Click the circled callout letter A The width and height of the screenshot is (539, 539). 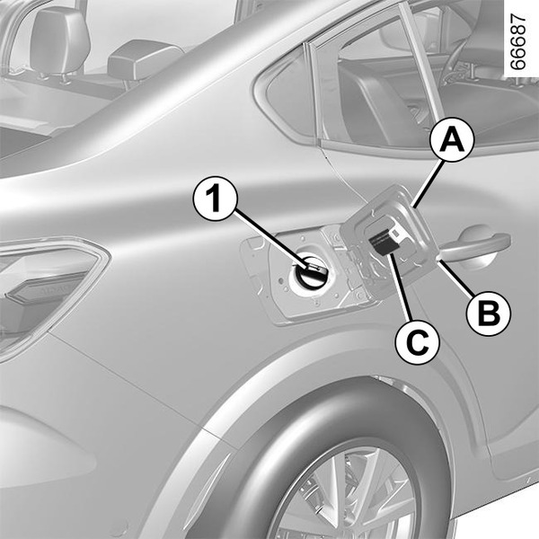click(x=452, y=139)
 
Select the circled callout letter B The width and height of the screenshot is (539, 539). click(x=488, y=314)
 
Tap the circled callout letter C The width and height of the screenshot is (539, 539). click(x=418, y=341)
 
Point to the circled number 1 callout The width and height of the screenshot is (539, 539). click(x=216, y=199)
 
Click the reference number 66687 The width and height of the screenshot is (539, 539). click(x=517, y=41)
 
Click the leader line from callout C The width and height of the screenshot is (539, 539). click(x=402, y=287)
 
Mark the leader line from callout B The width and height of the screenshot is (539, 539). click(x=456, y=278)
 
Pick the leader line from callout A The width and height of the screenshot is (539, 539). click(x=428, y=184)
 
